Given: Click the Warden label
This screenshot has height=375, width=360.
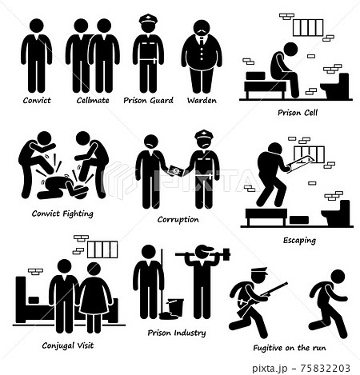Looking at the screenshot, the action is tap(202, 101).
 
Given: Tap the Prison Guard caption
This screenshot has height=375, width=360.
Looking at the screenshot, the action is tap(148, 101).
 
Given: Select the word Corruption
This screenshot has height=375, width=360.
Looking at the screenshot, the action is tap(178, 220).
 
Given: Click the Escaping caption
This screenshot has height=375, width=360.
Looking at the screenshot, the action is tap(299, 241).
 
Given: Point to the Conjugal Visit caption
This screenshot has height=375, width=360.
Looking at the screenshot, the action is tap(68, 345).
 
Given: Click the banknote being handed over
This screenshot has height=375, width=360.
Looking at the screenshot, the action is tap(176, 171).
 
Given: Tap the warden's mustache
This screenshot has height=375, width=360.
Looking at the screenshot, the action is tap(202, 32).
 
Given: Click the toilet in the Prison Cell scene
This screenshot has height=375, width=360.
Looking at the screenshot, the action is tap(336, 86).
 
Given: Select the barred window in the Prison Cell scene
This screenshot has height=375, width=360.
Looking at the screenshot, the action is tap(308, 28).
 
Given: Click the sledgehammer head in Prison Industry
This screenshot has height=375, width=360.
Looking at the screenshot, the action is tap(226, 254).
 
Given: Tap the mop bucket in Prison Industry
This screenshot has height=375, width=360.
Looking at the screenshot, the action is tap(175, 307).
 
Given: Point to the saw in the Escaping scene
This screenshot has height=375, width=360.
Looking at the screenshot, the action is tap(300, 163).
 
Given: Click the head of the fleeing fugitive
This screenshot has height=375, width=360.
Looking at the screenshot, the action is tap(338, 277).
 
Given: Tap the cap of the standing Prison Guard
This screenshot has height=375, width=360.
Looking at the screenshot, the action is tap(148, 20).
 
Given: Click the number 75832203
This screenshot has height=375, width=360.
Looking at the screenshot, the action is tap(325, 369).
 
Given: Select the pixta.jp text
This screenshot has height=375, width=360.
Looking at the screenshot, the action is tap(270, 369).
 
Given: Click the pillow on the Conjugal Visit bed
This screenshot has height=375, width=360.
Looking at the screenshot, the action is tap(34, 300).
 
